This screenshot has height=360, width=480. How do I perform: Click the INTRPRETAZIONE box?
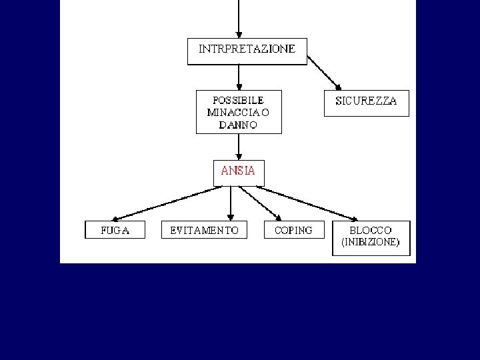coord(247,51)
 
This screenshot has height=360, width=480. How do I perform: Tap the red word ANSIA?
coord(238,171)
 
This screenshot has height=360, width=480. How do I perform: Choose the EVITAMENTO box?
coord(205,230)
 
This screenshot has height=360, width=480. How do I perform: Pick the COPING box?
coord(293,230)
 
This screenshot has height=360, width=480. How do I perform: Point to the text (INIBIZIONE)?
coord(371,243)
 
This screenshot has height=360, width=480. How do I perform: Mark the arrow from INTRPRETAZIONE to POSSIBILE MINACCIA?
coord(239,77)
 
